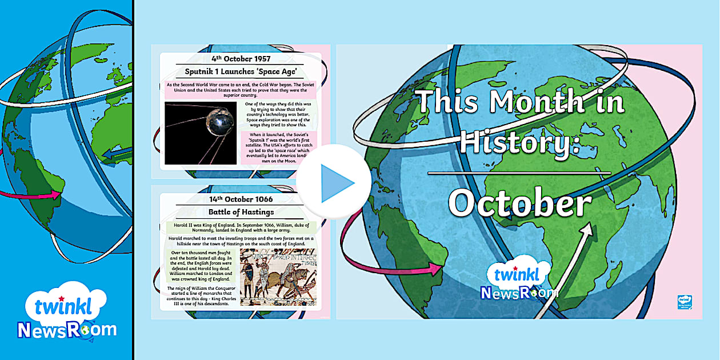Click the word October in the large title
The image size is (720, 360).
(519, 203)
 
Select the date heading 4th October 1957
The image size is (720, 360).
(241, 58)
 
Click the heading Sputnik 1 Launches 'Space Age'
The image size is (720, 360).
(241, 71)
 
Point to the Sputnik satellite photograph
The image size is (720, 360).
(201, 133)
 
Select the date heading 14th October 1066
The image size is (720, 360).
(241, 199)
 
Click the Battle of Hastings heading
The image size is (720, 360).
(241, 213)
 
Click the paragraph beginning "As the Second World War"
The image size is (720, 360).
(240, 90)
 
